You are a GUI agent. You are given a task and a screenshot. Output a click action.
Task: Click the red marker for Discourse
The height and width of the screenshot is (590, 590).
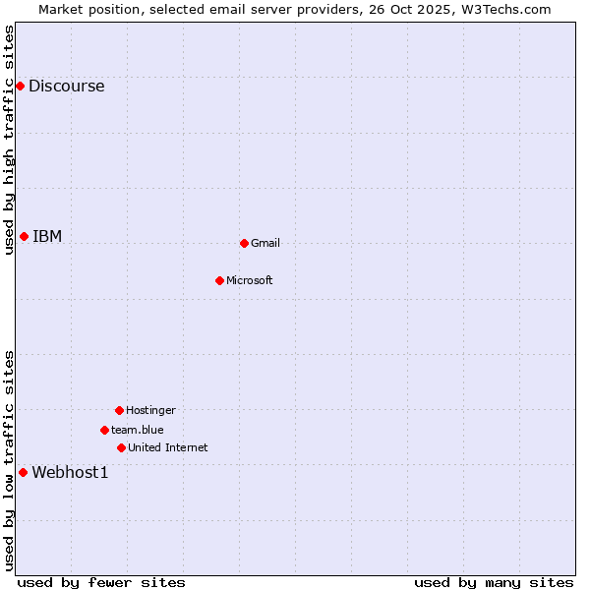20,86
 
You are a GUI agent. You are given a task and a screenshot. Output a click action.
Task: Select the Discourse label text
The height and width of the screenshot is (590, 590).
66,86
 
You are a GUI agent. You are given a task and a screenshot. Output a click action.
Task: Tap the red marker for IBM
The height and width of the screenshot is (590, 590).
24,236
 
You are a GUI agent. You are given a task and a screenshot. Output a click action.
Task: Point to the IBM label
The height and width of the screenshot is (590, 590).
47,236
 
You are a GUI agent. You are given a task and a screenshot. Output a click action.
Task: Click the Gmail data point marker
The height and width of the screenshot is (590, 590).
244,243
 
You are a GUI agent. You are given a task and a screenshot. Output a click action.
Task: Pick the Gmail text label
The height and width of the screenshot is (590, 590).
265,243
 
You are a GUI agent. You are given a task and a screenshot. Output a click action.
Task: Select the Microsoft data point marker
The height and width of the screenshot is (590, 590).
219,280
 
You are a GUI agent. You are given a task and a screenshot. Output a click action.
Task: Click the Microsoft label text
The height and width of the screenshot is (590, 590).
250,280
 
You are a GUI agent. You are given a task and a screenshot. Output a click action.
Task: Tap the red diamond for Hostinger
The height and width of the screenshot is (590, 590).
119,410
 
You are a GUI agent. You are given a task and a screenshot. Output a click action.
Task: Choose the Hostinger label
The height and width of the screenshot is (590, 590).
150,410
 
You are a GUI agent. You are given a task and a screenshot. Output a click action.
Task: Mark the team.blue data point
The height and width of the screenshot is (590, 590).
104,430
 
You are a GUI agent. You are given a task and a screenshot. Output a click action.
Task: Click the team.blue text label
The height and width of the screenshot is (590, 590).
138,430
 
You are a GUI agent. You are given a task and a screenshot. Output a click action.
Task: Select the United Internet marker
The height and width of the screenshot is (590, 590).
121,447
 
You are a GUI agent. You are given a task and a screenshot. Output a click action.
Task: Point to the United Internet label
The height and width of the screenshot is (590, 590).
168,447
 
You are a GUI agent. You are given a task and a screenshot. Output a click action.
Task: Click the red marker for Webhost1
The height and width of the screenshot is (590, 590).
23,472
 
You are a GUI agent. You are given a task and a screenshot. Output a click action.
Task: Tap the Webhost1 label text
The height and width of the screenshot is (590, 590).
70,472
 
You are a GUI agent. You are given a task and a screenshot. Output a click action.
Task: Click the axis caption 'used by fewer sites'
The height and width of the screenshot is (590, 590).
101,582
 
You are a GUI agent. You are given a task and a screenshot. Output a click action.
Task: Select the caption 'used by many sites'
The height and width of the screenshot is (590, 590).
494,582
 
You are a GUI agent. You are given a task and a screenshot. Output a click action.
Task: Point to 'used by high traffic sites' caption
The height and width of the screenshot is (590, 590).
9,139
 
